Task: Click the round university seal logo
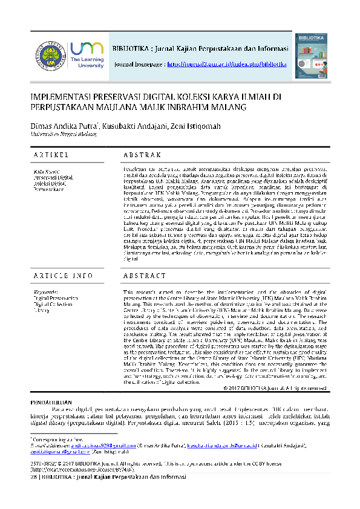(49, 55)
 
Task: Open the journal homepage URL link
(226, 63)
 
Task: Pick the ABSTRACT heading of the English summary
(145, 276)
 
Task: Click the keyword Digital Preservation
(56, 299)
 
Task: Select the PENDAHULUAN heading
(51, 384)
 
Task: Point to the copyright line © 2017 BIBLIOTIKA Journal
(275, 371)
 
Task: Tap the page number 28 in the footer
(33, 476)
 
